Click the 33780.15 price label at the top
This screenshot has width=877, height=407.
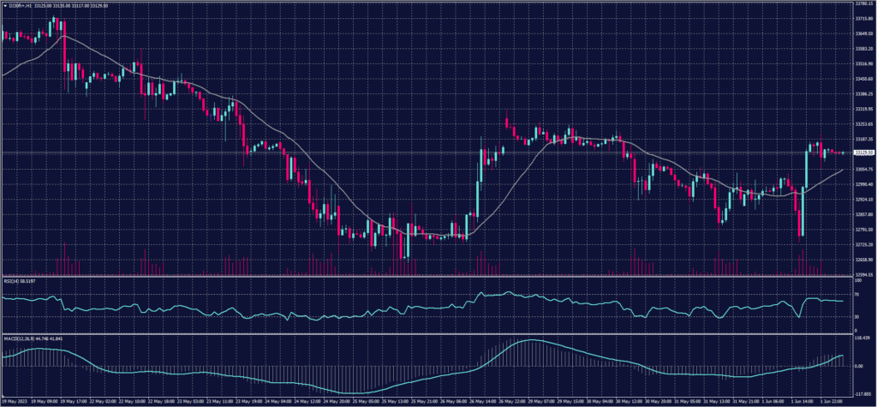(862, 3)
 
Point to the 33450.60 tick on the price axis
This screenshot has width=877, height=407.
(862, 79)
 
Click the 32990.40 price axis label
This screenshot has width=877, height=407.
(862, 184)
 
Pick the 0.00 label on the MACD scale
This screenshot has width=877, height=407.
(859, 366)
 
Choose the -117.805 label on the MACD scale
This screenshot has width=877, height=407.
(862, 394)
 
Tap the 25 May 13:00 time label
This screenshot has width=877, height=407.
(391, 401)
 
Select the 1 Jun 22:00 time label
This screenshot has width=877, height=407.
(832, 401)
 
